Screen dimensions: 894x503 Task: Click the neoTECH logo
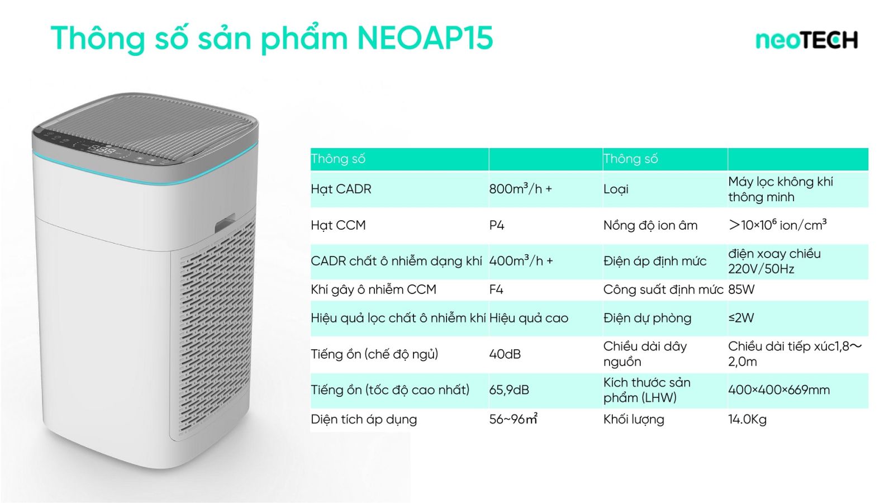coord(807,40)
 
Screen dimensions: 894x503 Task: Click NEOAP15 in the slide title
coord(425,38)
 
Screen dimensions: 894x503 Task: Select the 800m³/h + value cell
coord(520,188)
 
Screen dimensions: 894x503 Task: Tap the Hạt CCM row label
coord(338,225)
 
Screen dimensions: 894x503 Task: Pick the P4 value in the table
coord(497,225)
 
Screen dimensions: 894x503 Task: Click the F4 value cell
coord(496,289)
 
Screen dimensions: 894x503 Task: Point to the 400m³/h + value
coord(521,260)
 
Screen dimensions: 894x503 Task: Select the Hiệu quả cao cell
coord(529,318)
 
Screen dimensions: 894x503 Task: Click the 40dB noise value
coord(505,354)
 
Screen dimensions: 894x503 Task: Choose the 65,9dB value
coord(509,390)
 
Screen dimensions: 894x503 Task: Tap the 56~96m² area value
coord(513,419)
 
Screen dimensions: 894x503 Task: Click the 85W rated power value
coord(741,289)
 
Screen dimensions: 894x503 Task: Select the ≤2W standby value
coord(741,318)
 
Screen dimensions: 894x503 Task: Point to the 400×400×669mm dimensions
coord(779,390)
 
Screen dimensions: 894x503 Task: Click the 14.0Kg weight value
coord(747,419)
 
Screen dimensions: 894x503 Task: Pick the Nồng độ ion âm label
coord(650,225)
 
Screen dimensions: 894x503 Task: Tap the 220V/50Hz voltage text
coord(761,269)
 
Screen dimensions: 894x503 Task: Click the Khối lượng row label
coord(634,419)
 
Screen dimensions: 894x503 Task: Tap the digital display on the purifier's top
coord(102,150)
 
